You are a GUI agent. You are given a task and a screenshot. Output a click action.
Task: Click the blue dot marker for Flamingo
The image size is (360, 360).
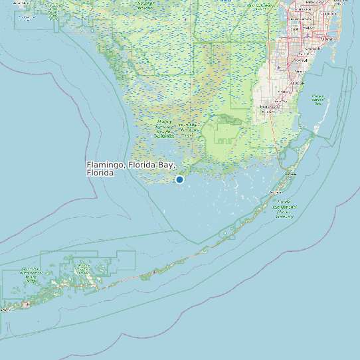[179, 179]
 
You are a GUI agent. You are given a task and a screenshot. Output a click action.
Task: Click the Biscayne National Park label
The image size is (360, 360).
[317, 100]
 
